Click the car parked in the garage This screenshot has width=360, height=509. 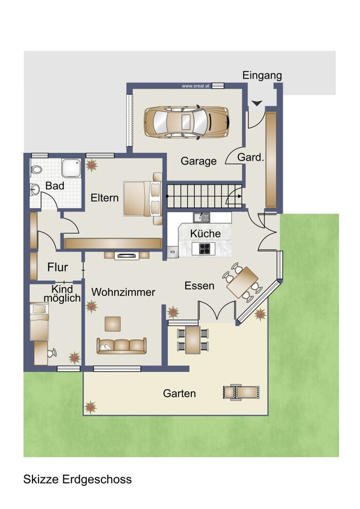point(187,122)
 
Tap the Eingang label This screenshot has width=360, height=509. point(262,76)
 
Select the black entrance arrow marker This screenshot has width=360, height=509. point(257,103)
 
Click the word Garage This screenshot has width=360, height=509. point(199,161)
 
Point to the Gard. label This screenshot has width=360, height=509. point(250,157)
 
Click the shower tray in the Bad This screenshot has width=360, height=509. point(71,168)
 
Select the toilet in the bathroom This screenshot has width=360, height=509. point(36,169)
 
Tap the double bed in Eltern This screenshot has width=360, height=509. point(142,198)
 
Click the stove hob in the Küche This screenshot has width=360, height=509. point(205,248)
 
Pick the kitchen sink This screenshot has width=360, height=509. point(202,217)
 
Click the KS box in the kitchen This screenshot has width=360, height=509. point(173,251)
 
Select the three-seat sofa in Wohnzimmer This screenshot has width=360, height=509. point(121,346)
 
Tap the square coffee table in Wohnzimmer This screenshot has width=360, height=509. point(113,324)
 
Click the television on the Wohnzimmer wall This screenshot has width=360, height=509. point(127,256)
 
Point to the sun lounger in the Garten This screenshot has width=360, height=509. point(241,392)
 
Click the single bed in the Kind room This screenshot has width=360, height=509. point(39,321)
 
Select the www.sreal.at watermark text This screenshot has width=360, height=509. point(195,86)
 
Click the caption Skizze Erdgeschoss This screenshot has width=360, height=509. point(77,480)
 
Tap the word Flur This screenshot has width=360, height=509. point(58,267)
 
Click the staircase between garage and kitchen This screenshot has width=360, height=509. point(205,196)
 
